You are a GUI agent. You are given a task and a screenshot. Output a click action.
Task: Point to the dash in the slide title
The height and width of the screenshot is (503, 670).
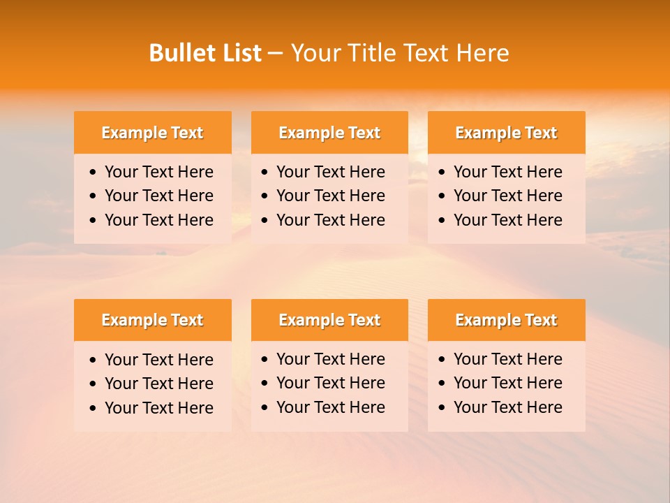coord(276,54)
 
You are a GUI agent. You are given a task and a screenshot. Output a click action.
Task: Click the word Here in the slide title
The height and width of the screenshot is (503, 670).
coord(482,53)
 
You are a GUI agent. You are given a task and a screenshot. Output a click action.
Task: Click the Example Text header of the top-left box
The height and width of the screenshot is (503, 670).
coord(152,133)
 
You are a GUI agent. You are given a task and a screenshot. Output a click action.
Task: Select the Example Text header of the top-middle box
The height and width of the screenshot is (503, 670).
coord(329,133)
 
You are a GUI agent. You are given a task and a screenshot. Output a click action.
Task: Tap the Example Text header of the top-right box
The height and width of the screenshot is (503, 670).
coord(506,133)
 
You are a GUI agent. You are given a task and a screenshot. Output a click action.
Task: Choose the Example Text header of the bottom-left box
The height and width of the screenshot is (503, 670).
coord(152,320)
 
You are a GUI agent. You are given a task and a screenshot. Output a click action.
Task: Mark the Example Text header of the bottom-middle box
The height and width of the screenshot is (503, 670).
coord(329,320)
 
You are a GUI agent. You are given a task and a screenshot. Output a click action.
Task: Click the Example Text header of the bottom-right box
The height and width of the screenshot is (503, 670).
coord(506,320)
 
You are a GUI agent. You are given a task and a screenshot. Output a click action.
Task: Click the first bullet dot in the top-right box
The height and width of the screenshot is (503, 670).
coord(442,173)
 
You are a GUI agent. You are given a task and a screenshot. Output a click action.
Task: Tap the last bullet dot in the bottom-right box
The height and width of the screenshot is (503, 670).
coord(442,408)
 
